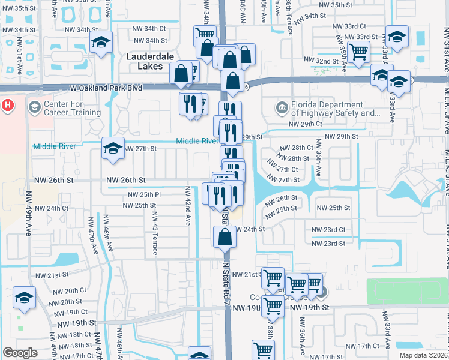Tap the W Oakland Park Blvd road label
(x=106, y=88)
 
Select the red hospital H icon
(x=7, y=106)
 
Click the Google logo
(x=20, y=353)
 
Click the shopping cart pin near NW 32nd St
(x=358, y=52)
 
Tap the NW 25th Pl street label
(x=144, y=195)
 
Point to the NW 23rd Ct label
(x=328, y=230)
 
